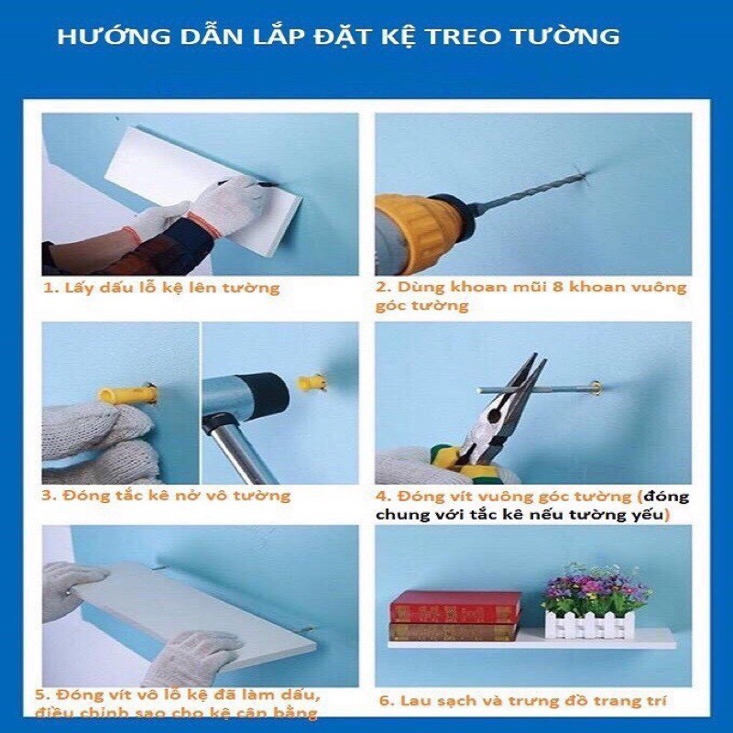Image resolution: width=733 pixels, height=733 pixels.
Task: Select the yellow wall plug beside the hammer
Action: [x=311, y=382]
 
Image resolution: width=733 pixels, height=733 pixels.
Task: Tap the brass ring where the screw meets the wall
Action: [x=596, y=387]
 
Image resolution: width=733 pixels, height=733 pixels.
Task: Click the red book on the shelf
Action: [x=455, y=607]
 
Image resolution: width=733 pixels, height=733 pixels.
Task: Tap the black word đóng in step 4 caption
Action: [x=666, y=497]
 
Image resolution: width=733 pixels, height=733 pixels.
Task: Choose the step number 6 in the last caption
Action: [x=384, y=701]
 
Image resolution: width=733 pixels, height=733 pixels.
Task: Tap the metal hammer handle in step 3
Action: [x=236, y=448]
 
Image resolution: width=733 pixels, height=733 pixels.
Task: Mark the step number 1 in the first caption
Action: [x=47, y=288]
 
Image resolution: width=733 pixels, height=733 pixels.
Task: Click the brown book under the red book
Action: [x=453, y=632]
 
